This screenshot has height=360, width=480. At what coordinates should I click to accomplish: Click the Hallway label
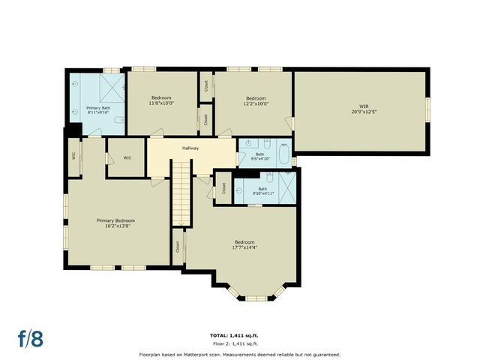click(190, 148)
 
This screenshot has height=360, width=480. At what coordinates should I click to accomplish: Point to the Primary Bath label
click(98, 109)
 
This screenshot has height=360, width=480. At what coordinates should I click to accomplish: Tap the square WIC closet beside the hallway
click(127, 157)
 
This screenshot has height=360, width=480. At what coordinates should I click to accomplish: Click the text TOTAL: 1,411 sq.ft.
click(238, 334)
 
